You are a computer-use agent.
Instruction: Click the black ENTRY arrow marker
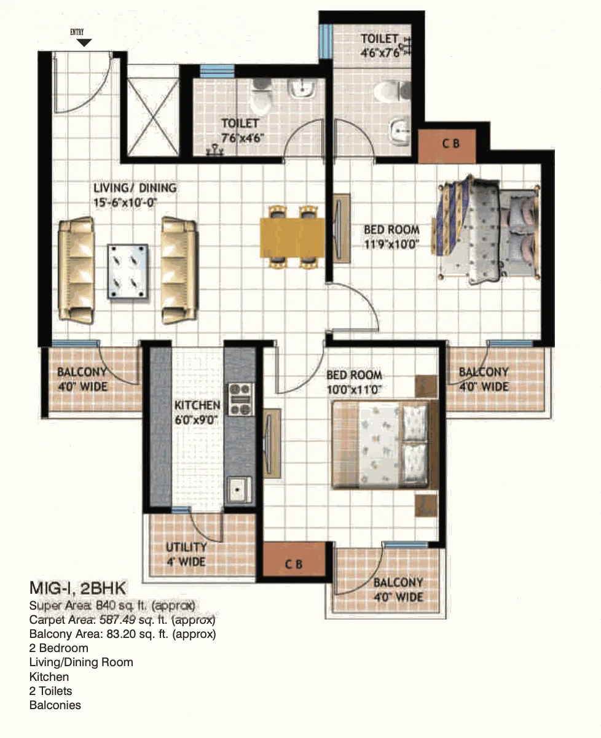click(x=84, y=42)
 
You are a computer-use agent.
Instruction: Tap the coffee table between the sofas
click(x=128, y=271)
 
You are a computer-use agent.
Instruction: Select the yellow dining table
click(x=292, y=238)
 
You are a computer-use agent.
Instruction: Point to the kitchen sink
click(x=239, y=489)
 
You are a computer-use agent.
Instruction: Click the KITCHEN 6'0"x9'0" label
click(x=197, y=413)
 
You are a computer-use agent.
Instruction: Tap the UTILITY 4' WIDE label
click(x=186, y=554)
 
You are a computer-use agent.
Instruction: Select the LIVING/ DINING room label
click(x=135, y=188)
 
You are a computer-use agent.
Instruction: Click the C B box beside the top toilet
click(x=447, y=146)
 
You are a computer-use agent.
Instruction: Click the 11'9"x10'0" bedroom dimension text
click(x=391, y=244)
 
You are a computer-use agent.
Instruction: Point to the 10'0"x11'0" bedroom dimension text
click(x=354, y=390)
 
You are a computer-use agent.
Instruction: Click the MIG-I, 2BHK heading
click(x=77, y=588)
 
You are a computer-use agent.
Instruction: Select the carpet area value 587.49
click(x=117, y=620)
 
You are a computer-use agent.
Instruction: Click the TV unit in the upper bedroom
click(x=341, y=228)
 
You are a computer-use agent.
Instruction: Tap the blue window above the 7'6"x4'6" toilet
click(x=217, y=71)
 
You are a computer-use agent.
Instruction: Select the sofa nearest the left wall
click(x=76, y=270)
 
